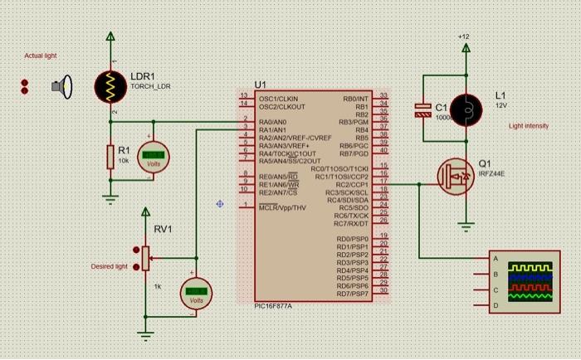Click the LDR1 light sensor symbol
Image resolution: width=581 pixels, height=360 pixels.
point(110,85)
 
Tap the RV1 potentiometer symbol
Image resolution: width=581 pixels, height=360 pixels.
point(146,257)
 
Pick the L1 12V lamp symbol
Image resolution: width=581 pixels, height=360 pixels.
point(466,109)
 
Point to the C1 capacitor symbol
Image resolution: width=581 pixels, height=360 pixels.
point(423,110)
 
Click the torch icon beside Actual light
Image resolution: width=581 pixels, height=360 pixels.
point(61,85)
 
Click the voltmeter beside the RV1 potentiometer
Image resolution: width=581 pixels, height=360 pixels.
point(196,292)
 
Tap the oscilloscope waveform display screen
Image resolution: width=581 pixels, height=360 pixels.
point(529,280)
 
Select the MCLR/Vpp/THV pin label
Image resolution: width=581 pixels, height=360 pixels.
point(282,207)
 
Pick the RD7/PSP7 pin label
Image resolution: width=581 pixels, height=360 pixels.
point(352,294)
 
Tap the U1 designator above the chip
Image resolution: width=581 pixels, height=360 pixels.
point(261,85)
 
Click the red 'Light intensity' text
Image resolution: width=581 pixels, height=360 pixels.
point(529,126)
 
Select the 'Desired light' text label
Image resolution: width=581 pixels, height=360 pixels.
point(109,267)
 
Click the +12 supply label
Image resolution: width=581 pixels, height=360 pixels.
point(463,37)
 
